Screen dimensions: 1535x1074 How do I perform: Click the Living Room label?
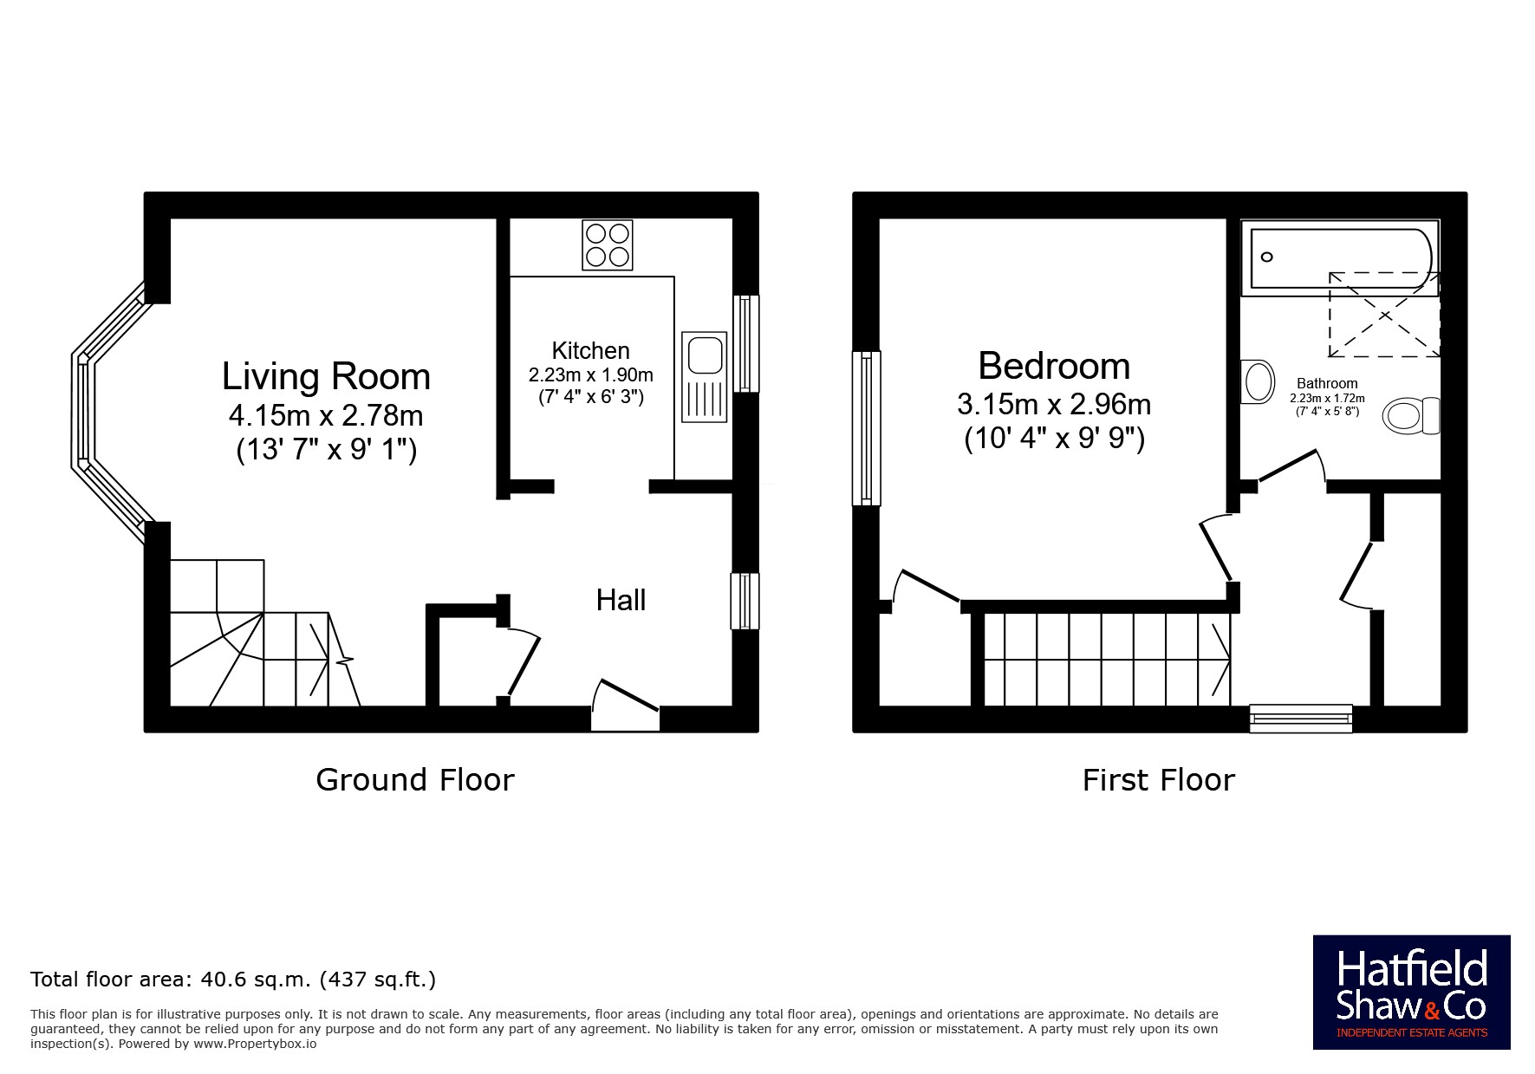point(326,376)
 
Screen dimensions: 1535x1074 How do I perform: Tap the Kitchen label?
point(590,350)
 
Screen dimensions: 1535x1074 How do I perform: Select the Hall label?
point(621,600)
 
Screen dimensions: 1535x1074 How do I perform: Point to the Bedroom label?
point(1054,366)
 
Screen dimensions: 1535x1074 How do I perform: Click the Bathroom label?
point(1327,383)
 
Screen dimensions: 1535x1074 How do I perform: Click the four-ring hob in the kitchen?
point(607,245)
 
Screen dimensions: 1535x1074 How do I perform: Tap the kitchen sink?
point(704,377)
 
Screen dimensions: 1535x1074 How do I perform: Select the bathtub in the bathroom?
point(1340,257)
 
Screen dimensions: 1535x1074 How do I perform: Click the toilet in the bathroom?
point(1411,416)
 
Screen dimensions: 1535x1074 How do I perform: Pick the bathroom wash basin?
point(1258,381)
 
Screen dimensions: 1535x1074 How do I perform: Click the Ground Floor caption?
point(415,780)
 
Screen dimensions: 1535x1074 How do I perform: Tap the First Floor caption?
point(1158,780)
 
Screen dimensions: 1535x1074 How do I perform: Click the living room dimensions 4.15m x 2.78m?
point(326,416)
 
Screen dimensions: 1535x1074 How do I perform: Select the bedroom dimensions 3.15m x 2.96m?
point(1054,404)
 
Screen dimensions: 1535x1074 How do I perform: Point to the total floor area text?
point(233,980)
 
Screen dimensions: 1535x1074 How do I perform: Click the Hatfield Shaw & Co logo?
point(1411,993)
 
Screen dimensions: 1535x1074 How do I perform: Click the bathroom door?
point(1291,466)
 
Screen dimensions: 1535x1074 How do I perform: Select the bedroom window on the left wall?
point(866,427)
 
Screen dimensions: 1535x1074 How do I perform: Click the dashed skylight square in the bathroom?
point(1384,315)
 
